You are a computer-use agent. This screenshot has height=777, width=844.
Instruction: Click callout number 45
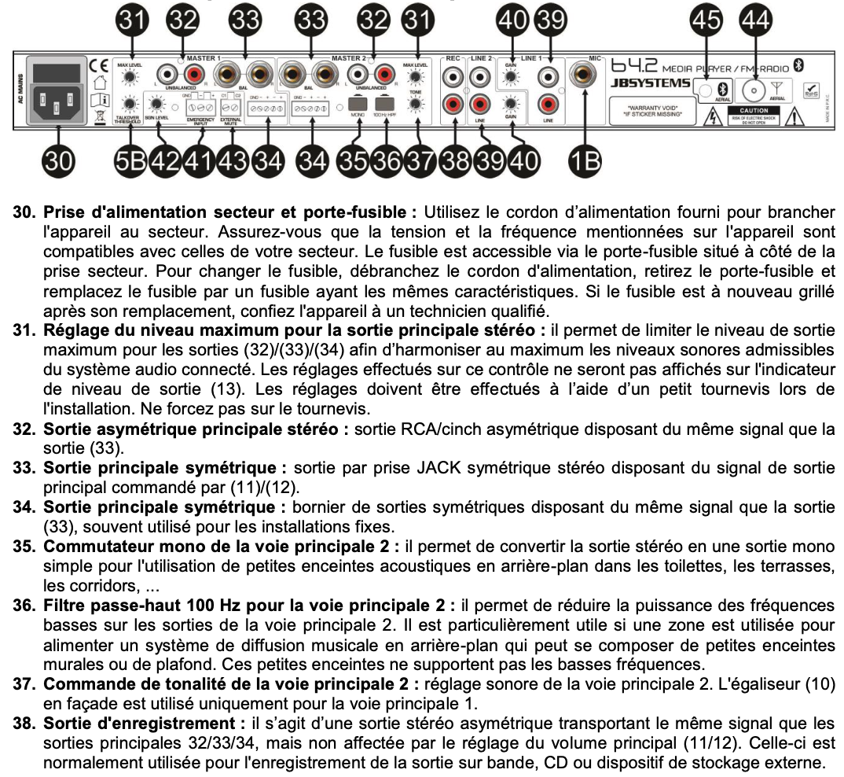(x=705, y=22)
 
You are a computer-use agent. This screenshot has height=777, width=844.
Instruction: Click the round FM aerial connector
(x=758, y=89)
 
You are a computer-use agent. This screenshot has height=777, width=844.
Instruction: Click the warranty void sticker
(x=648, y=111)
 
